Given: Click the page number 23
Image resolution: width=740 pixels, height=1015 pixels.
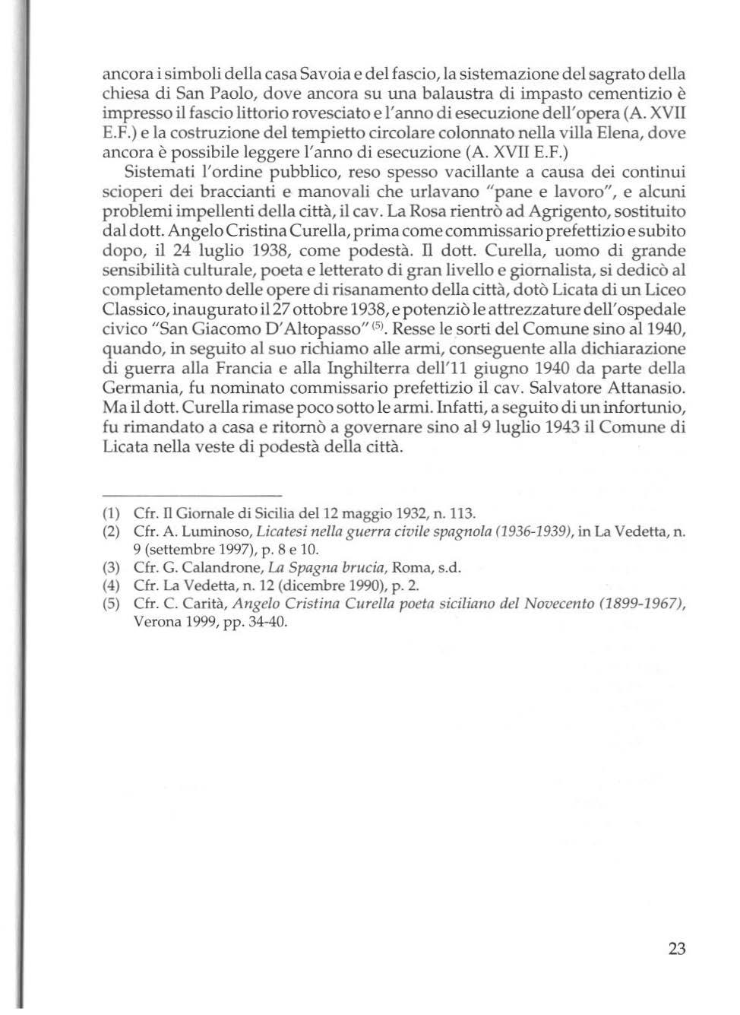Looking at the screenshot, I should [x=677, y=948].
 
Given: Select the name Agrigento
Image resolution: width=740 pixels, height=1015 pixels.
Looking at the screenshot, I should [x=546, y=211].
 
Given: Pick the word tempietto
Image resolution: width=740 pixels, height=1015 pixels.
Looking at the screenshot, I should [x=324, y=133].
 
